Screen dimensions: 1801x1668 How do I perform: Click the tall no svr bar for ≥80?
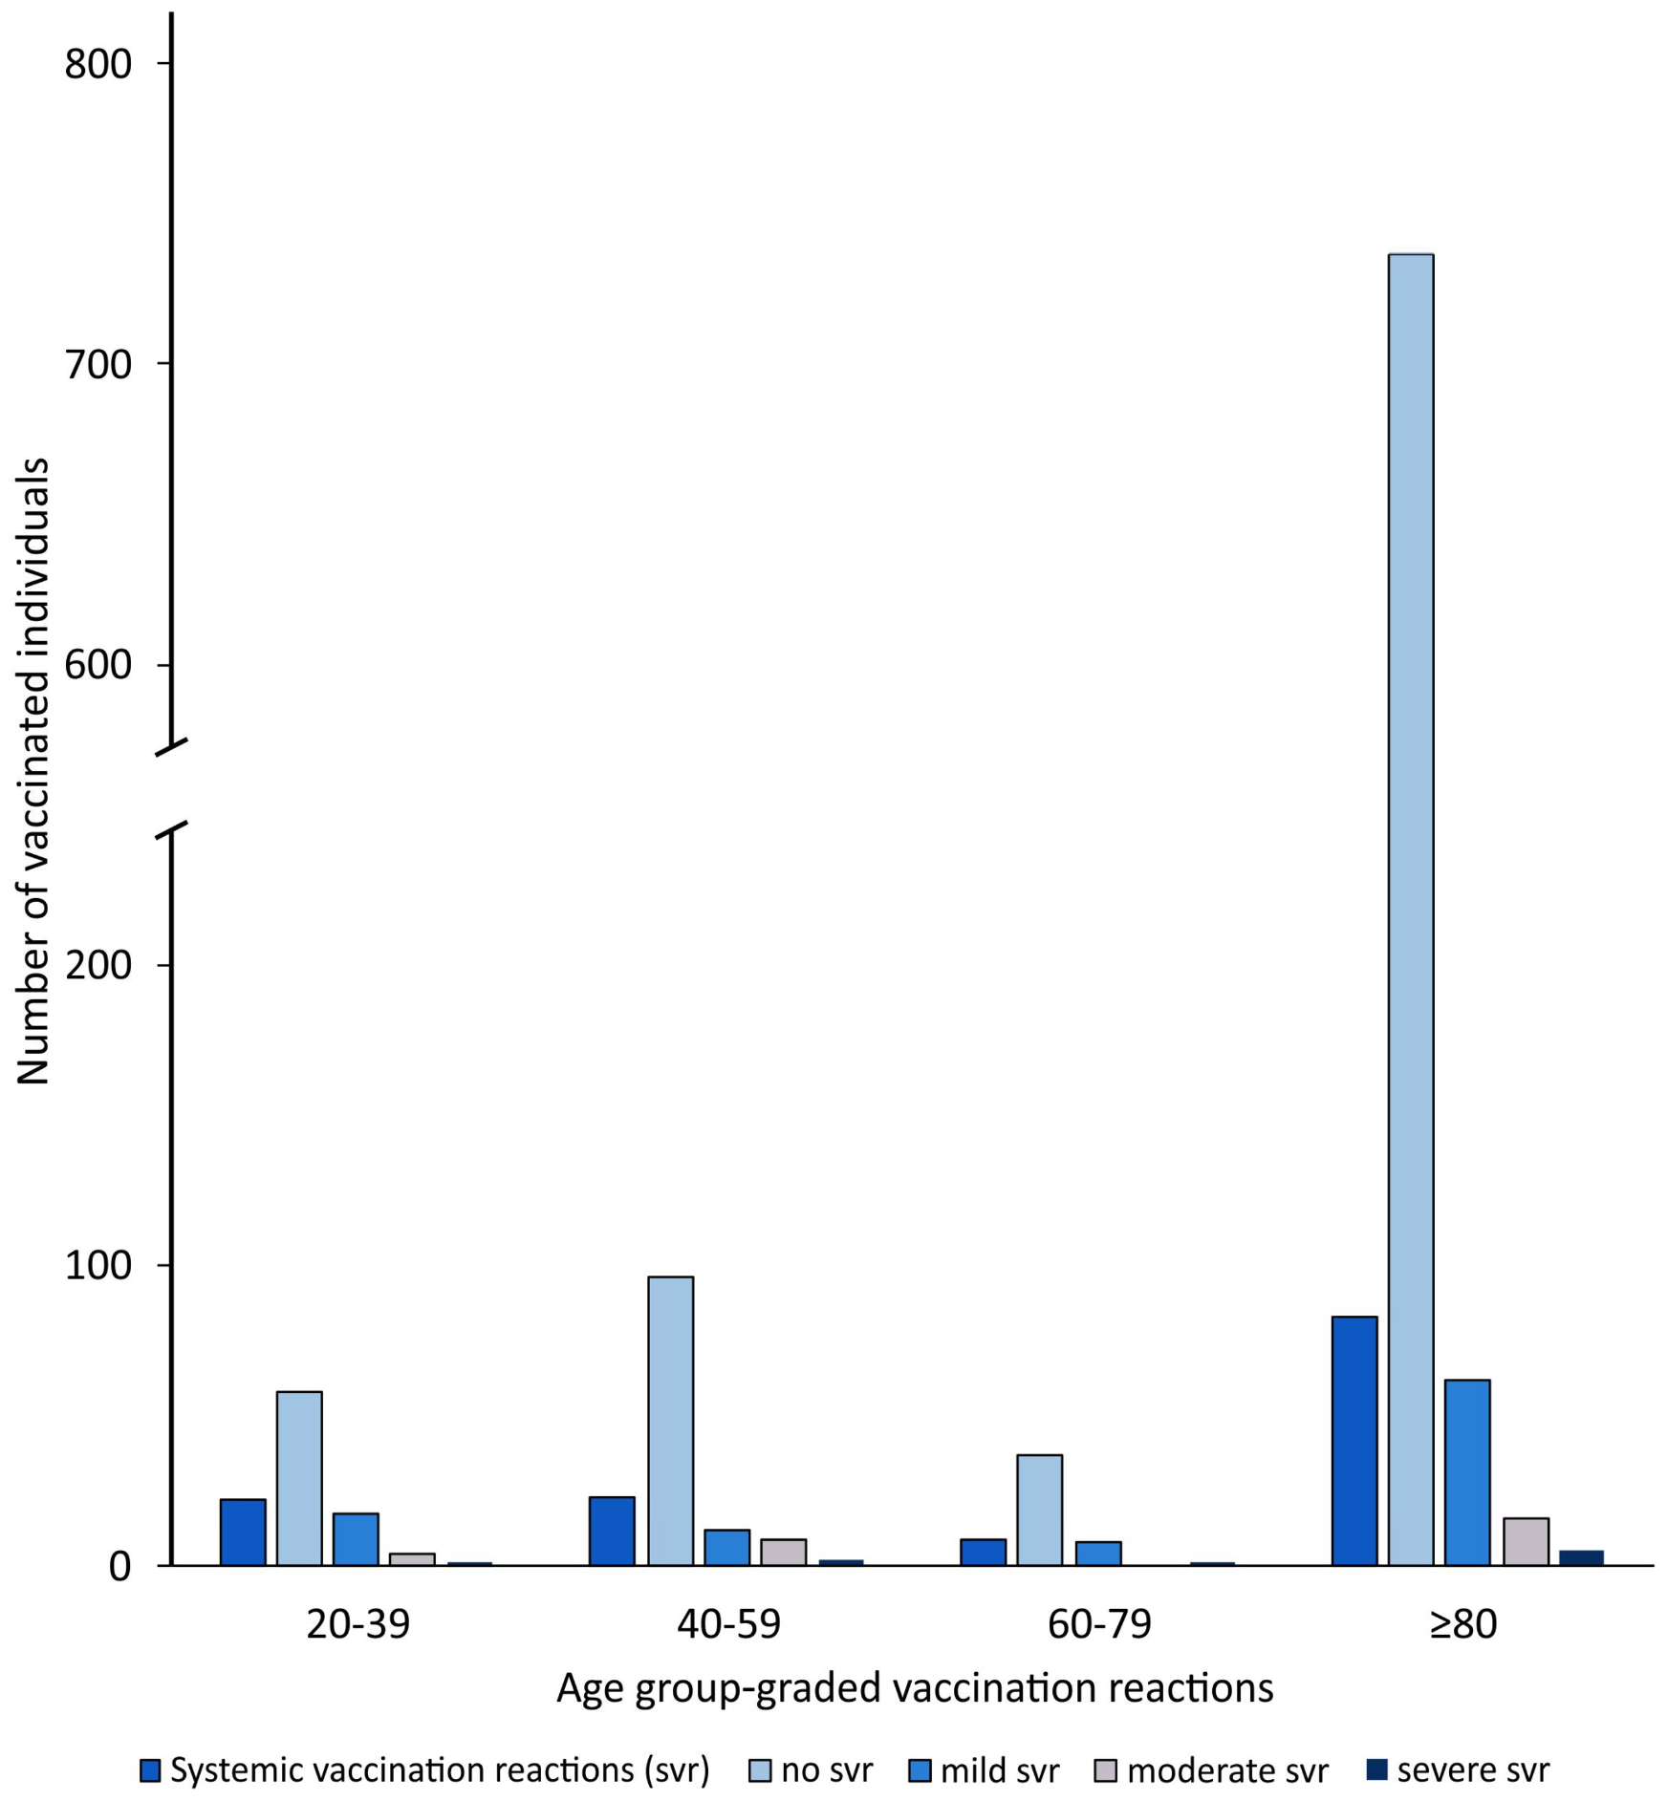point(1410,908)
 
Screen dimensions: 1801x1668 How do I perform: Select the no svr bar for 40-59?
point(670,1421)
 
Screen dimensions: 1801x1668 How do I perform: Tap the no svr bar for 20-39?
point(299,1478)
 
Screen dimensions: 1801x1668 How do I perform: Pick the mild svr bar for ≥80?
point(1466,1472)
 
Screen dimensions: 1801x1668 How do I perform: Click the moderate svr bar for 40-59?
point(783,1552)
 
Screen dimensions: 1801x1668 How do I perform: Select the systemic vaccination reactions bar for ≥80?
point(1354,1441)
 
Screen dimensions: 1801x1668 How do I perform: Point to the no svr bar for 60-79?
point(1039,1510)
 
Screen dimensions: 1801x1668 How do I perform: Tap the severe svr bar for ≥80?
point(1581,1558)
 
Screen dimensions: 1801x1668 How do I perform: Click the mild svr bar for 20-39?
point(356,1539)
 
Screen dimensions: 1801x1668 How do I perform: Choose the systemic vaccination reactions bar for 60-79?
point(983,1552)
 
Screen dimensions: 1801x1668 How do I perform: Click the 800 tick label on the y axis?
point(97,64)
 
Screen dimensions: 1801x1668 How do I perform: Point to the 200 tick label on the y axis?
point(97,965)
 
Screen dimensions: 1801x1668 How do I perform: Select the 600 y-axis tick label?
point(97,665)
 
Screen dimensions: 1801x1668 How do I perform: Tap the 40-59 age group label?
point(728,1624)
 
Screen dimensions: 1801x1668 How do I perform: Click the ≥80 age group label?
point(1462,1624)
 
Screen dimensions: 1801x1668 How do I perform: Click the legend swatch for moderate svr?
point(1105,1770)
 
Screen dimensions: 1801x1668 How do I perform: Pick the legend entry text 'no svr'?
point(826,1770)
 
